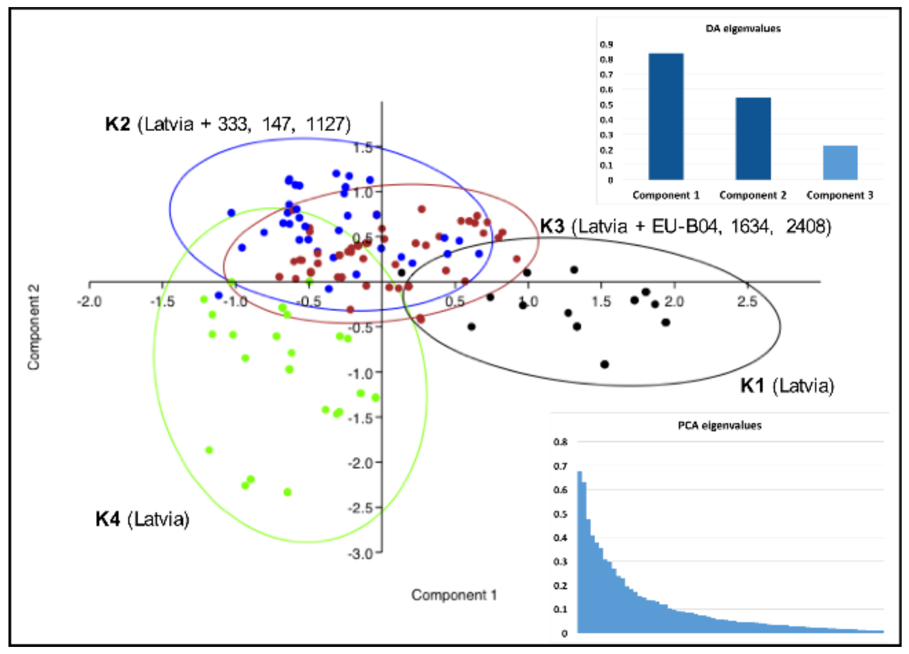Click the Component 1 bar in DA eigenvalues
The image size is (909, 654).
pos(666,116)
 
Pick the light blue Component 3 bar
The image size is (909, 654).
pos(840,162)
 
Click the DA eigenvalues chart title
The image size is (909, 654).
pos(743,29)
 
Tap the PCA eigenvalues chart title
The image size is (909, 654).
pos(719,426)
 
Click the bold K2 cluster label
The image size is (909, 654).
pos(118,124)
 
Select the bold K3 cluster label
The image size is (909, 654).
pos(552,226)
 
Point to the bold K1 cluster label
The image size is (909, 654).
pos(752,386)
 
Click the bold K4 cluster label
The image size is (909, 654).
pos(107,519)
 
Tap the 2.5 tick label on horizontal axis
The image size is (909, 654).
pos(747,302)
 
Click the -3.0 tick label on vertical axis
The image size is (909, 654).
pos(360,554)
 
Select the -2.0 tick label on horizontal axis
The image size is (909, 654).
pos(89,302)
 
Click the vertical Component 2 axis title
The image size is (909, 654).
pos(34,327)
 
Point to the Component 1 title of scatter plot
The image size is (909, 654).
pos(453,595)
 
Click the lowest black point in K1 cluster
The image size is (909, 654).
pos(604,364)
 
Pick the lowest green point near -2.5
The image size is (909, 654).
pos(287,492)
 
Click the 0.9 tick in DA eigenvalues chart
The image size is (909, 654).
pos(606,45)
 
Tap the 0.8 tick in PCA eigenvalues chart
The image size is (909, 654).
pos(560,442)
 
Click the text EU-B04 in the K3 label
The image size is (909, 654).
pos(685,226)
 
